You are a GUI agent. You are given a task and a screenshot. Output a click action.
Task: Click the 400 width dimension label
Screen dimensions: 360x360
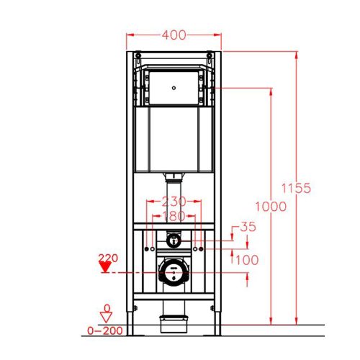(x=174, y=35)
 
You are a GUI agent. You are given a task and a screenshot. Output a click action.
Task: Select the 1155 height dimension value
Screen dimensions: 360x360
(x=296, y=188)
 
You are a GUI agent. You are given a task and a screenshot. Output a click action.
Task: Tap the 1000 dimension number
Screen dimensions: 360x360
(x=270, y=206)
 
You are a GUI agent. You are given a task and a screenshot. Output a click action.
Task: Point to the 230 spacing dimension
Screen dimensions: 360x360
(x=174, y=202)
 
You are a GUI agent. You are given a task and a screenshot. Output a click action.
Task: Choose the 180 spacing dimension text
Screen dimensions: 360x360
(x=174, y=216)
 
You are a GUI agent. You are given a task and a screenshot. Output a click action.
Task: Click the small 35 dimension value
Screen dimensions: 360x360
(x=247, y=228)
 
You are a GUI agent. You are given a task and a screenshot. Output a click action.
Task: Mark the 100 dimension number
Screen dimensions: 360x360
(x=247, y=258)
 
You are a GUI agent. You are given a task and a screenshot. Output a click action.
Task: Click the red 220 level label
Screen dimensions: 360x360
(x=107, y=256)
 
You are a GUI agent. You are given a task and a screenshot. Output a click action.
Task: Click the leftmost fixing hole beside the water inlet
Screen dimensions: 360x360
(x=147, y=248)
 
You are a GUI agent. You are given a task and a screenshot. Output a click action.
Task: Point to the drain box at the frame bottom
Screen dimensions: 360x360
(x=173, y=317)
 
